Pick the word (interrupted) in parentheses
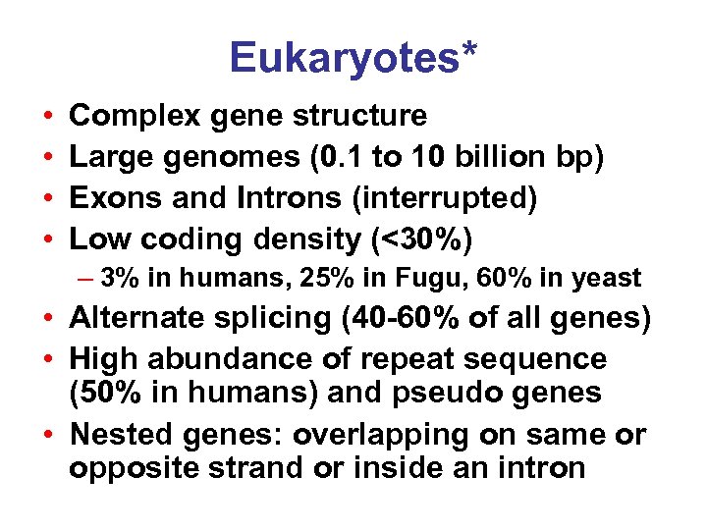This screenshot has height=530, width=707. pos(446,198)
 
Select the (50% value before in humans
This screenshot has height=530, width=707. pos(105,393)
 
